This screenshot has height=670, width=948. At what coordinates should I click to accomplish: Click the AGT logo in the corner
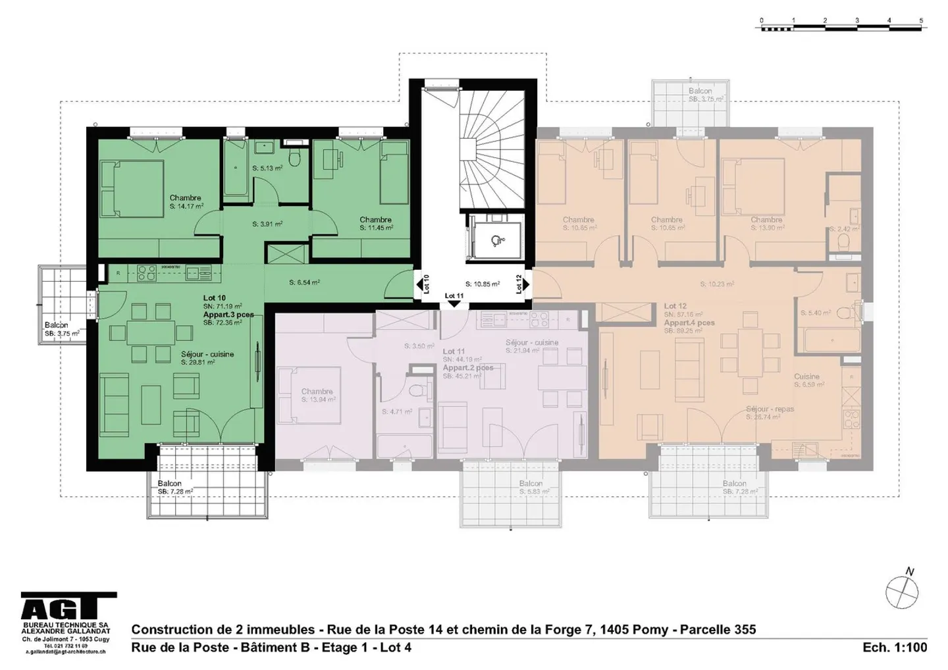coord(68,606)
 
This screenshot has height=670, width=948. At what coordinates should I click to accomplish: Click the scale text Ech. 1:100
coord(895,648)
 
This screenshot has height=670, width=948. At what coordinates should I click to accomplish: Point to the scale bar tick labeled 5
coord(921,20)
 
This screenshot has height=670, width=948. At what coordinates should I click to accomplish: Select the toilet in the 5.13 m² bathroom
coord(296,157)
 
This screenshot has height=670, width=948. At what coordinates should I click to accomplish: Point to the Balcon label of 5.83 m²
coord(531,484)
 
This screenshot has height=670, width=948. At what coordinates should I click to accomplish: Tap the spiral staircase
coord(490,158)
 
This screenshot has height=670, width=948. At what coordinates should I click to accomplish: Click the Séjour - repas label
coord(770,409)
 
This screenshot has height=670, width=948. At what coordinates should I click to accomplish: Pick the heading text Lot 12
coord(675,306)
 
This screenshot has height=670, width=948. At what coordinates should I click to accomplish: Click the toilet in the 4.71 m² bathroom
coord(415,392)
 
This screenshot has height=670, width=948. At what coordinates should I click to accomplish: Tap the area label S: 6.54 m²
coord(304,283)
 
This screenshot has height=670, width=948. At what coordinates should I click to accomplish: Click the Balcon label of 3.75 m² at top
coord(700,91)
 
